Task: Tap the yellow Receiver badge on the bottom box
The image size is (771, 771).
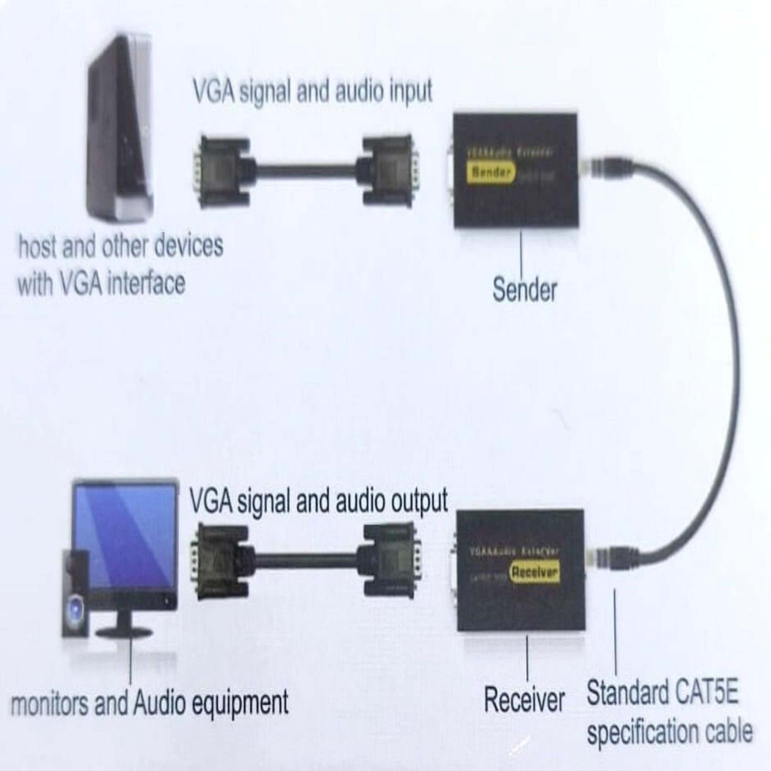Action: [x=535, y=572]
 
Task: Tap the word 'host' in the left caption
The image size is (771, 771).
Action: [x=38, y=246]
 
